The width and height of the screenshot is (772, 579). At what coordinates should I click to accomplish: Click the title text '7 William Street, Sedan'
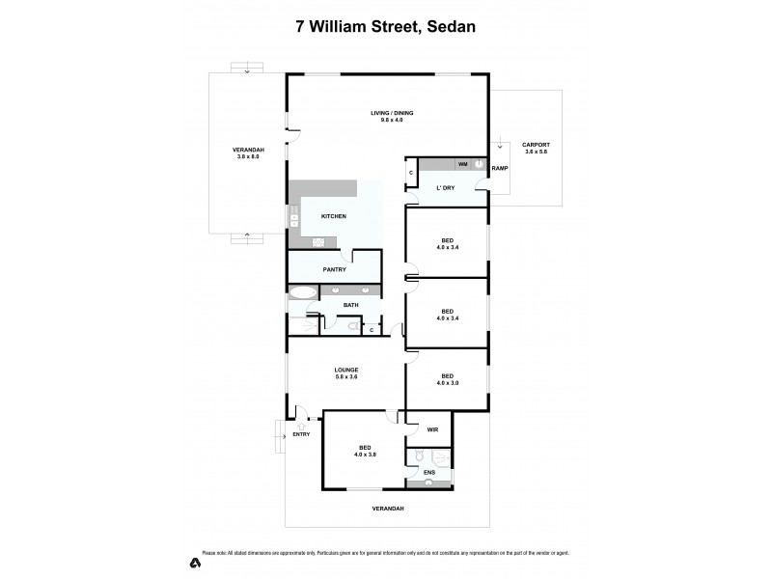click(x=385, y=28)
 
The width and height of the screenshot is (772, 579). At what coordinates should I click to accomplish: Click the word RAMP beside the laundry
click(x=499, y=168)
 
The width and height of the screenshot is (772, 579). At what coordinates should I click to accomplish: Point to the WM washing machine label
click(x=462, y=165)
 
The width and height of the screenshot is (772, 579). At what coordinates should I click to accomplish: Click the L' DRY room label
click(x=446, y=187)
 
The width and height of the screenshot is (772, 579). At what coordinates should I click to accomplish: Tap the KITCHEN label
click(x=334, y=215)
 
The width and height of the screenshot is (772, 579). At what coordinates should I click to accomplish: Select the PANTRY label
click(x=335, y=269)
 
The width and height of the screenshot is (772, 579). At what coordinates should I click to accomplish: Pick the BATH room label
click(x=350, y=305)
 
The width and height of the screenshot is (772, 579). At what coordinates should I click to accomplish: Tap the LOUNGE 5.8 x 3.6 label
click(x=346, y=373)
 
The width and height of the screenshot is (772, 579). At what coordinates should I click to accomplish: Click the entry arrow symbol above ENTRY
click(x=301, y=426)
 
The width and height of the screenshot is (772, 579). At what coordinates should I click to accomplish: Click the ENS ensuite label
click(x=429, y=472)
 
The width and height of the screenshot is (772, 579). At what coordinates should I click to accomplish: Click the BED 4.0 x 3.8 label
click(x=366, y=451)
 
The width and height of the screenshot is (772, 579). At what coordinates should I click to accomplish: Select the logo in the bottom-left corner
click(x=194, y=561)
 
